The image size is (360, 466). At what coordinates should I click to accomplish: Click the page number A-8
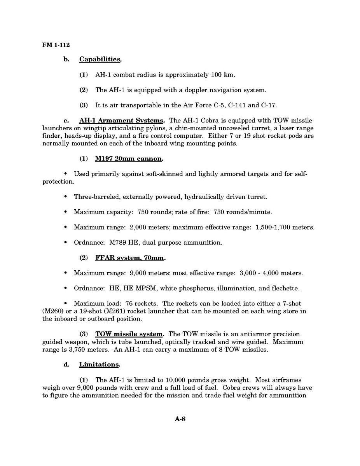180,419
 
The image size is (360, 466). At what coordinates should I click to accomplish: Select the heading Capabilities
100,60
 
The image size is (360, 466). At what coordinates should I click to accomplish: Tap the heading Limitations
99,365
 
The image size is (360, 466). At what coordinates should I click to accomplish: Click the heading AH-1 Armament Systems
121,121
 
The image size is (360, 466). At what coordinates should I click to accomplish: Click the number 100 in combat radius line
217,75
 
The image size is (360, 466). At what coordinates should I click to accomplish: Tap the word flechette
285,288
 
